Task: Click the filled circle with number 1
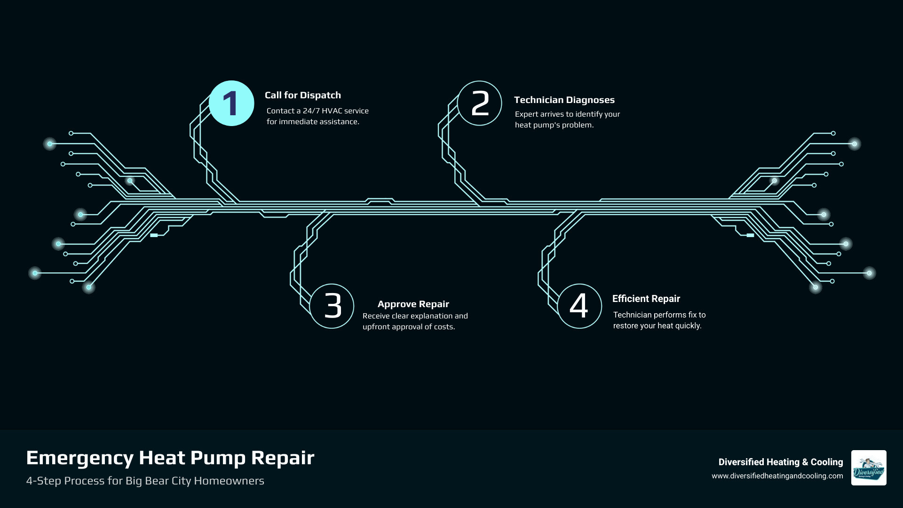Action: [x=231, y=103]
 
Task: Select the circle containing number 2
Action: [x=479, y=103]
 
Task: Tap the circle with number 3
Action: [x=332, y=306]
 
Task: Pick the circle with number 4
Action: [x=579, y=306]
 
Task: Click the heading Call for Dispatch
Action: [x=302, y=95]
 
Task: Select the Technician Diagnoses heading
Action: [x=564, y=100]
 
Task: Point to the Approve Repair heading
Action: [x=413, y=304]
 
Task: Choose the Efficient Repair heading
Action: [x=646, y=299]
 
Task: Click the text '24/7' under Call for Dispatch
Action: [x=311, y=111]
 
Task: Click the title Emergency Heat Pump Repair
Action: [x=170, y=458]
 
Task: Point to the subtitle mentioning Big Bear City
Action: [x=145, y=481]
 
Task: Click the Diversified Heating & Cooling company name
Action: [x=780, y=462]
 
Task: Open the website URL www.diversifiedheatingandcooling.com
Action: [x=777, y=476]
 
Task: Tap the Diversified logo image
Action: [x=868, y=468]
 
